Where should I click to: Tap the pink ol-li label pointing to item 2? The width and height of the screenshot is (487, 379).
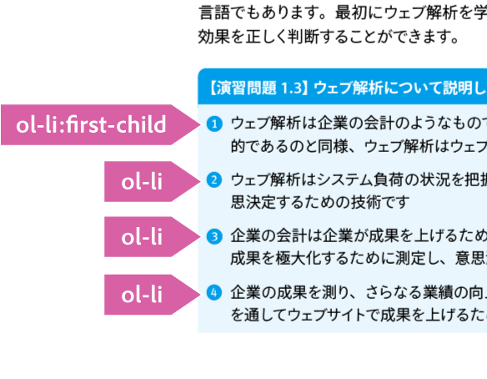pos(153,182)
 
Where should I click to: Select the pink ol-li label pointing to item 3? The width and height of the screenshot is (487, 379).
pos(153,237)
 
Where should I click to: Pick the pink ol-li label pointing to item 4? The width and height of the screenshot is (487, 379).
pos(153,295)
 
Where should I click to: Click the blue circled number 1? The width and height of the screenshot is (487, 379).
pos(214,124)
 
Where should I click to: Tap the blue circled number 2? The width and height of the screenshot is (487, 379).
pos(214,180)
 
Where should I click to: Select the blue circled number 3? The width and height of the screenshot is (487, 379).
pos(214,236)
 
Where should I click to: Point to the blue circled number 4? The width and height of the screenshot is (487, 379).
pos(214,293)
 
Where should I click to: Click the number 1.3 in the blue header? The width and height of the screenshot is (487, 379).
pos(291,88)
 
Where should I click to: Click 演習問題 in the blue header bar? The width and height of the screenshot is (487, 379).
pos(246,88)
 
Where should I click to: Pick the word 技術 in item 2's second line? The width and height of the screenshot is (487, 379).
pos(366,202)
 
